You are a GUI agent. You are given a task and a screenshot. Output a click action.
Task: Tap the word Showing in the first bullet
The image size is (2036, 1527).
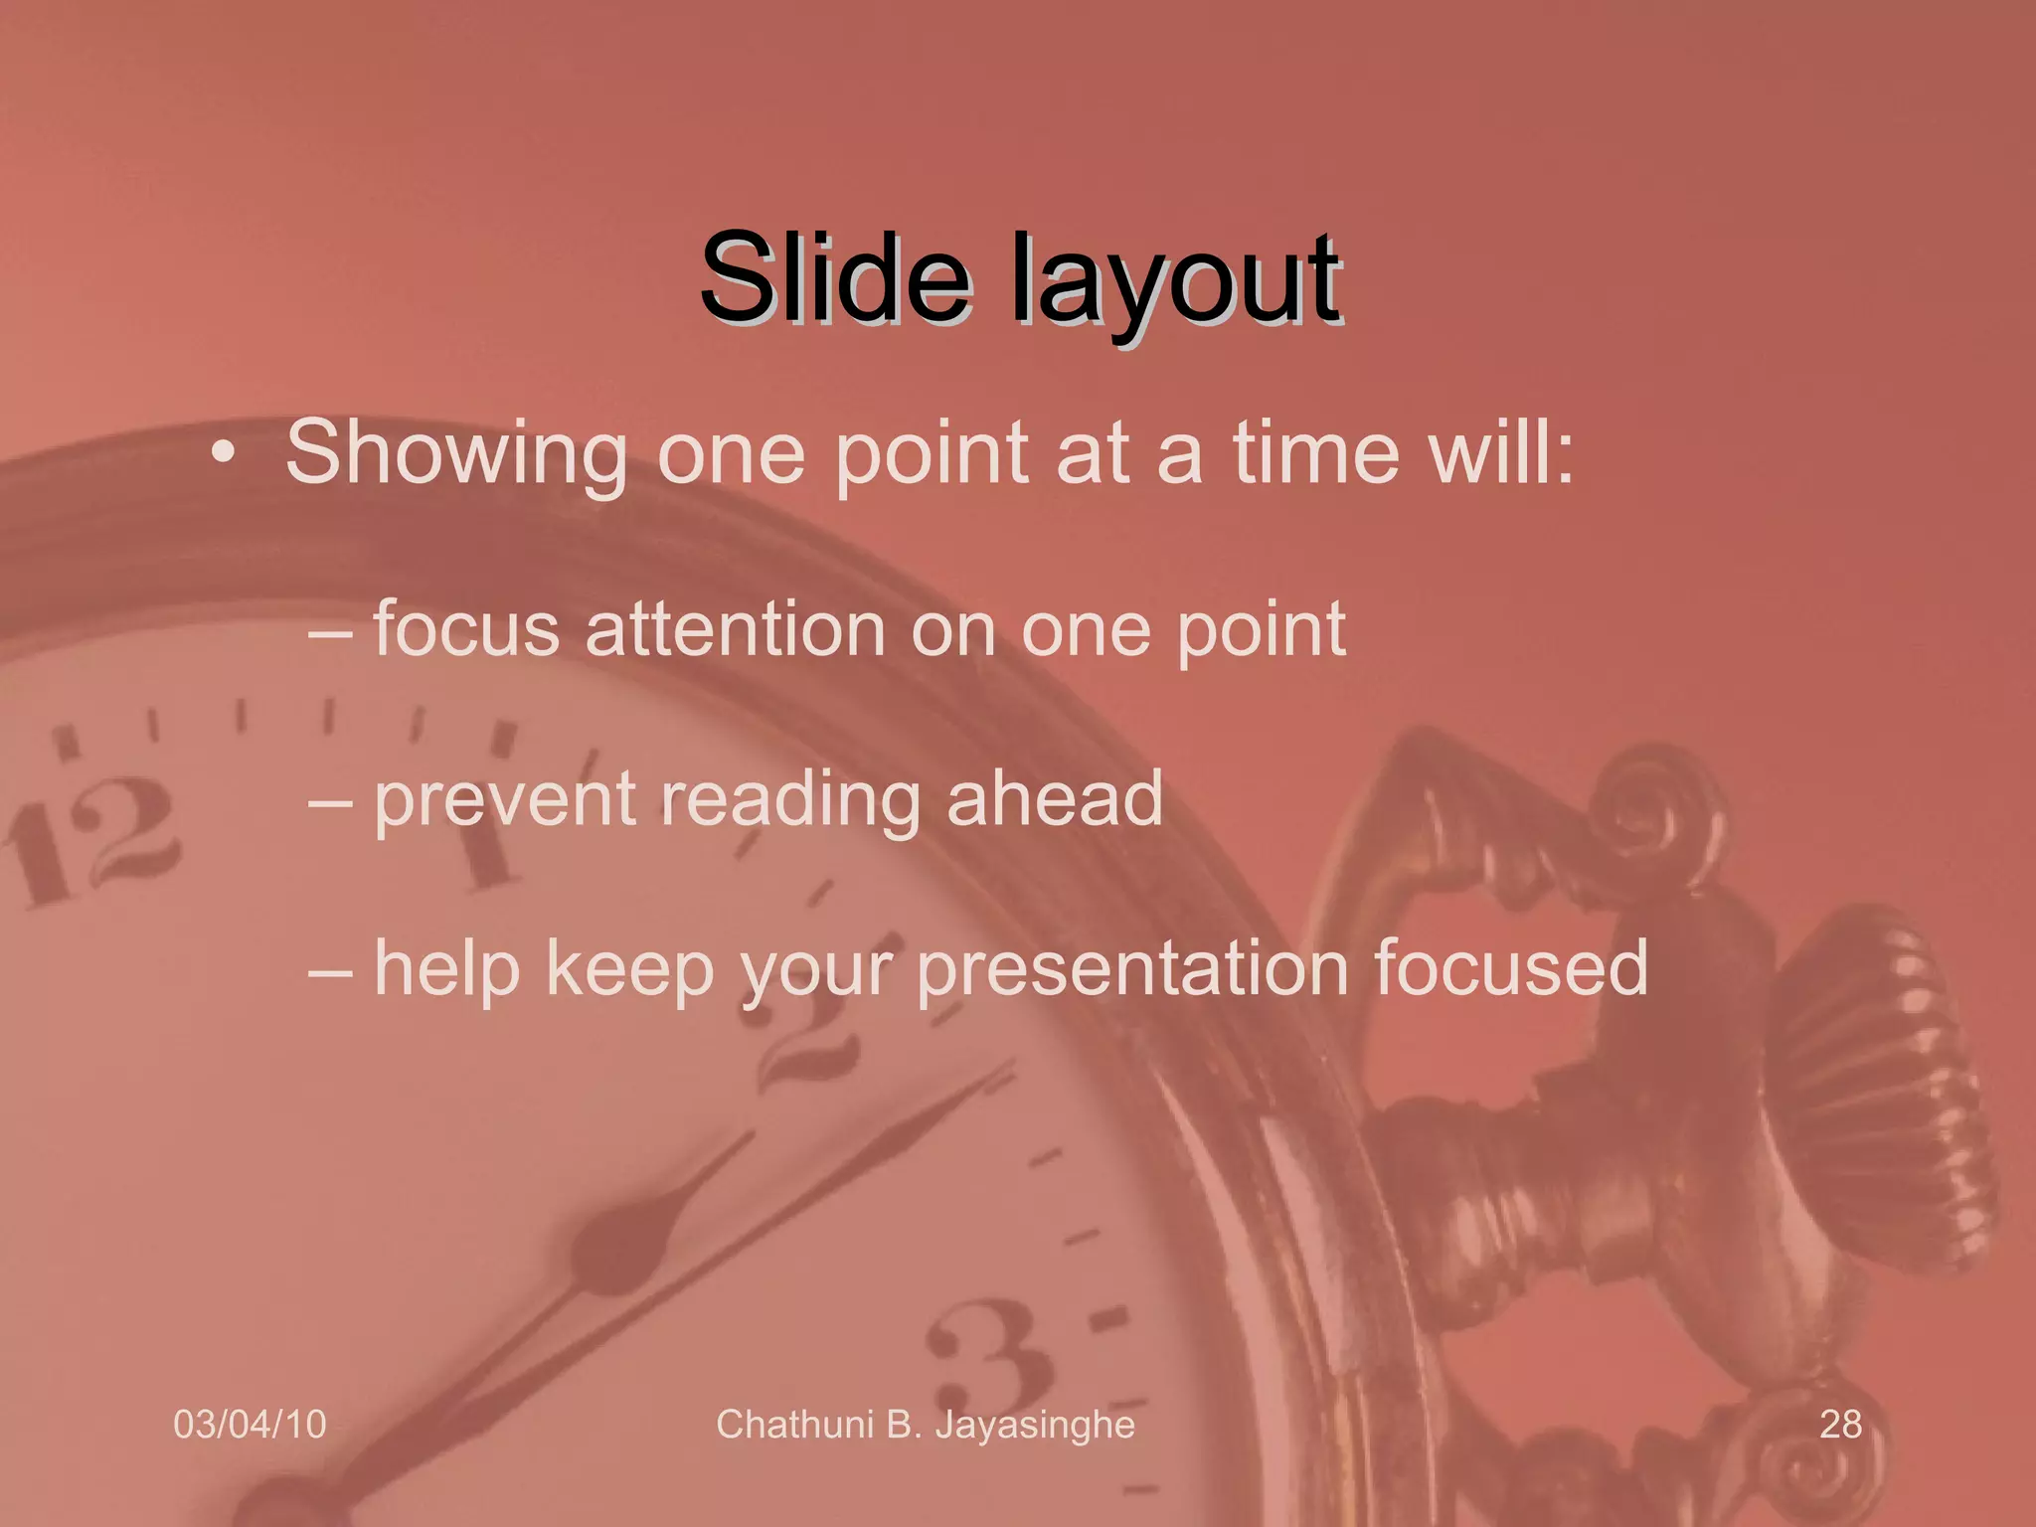[456, 454]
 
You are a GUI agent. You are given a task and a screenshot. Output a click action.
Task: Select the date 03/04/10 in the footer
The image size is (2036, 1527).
[250, 1425]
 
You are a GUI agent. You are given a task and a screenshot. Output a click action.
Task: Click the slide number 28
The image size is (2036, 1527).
[1840, 1425]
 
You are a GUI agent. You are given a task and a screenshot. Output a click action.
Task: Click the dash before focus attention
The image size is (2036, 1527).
[329, 632]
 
